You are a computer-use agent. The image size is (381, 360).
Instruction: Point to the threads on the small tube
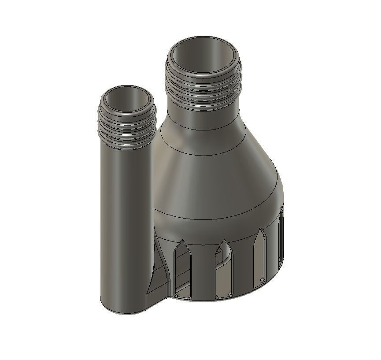126,126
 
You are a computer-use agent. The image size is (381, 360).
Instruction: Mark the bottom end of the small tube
126,308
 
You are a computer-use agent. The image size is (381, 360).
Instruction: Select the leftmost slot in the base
183,269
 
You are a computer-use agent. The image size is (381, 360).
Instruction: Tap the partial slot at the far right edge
281,238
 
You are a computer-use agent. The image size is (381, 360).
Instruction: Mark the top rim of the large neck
203,40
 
